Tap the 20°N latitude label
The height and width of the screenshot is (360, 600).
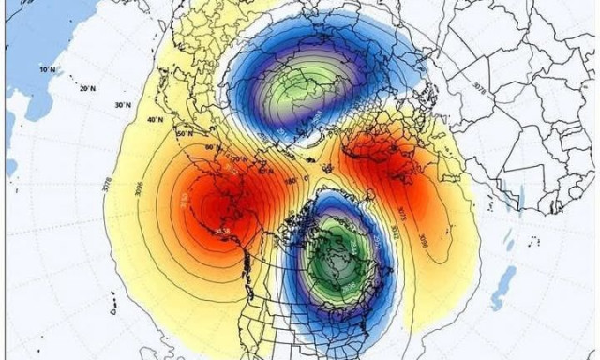point(88,89)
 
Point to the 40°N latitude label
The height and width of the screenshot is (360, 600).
point(155,120)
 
